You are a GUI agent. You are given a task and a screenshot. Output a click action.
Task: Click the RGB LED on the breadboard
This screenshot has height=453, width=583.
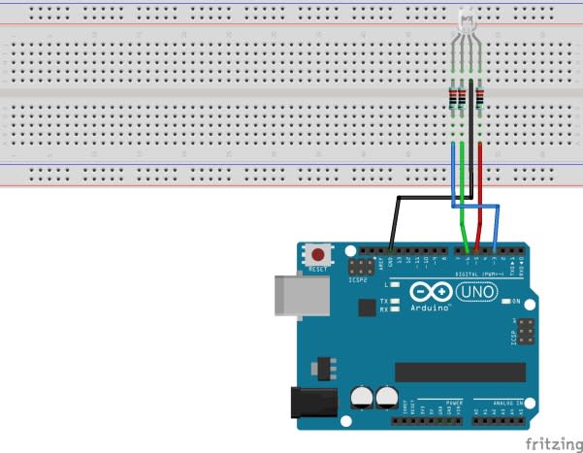466,23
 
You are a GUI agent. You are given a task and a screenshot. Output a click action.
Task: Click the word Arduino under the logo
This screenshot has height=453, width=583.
430,307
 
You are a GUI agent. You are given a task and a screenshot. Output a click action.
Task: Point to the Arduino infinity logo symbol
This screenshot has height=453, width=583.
430,292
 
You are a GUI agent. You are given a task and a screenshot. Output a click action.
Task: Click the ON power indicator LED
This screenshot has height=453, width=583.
504,302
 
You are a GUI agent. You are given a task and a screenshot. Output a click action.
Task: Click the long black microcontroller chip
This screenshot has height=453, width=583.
460,372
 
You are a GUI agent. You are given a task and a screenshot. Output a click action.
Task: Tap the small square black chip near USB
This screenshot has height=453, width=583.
366,307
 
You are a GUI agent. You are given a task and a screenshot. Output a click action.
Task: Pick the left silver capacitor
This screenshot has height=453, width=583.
363,396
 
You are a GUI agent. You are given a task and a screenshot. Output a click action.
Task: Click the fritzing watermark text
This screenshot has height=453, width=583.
554,443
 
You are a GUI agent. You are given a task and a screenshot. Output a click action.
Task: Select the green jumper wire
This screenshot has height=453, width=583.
464,194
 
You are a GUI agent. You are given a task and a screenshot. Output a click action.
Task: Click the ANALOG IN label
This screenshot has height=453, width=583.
505,402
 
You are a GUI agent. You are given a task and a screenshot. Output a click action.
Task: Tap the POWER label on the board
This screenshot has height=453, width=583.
454,402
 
